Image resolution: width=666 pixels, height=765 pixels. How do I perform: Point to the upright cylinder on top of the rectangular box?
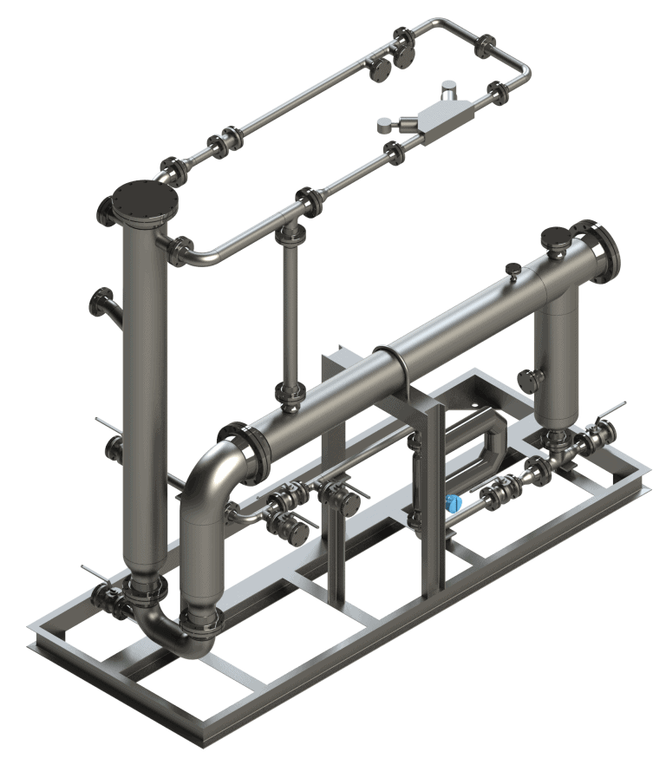pyautogui.click(x=448, y=90)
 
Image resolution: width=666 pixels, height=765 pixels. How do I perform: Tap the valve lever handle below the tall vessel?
pyautogui.click(x=96, y=575)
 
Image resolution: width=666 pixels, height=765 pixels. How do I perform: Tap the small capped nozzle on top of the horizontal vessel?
pyautogui.click(x=513, y=270)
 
